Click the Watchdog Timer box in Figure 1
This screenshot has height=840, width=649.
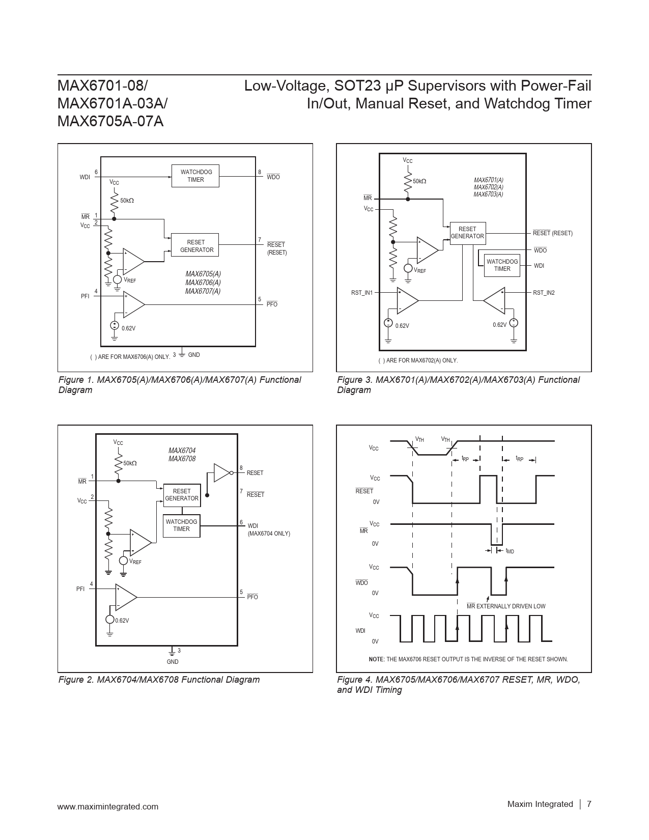pos(196,176)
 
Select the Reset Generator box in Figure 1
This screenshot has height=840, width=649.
pos(196,246)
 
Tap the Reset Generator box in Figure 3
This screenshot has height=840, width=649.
pos(467,233)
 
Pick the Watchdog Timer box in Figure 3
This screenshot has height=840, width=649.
pos(502,265)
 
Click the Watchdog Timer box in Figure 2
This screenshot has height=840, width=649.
pos(181,525)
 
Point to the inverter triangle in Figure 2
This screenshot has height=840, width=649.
pos(222,472)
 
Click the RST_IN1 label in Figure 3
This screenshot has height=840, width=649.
pos(362,293)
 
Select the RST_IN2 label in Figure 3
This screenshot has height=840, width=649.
pos(544,293)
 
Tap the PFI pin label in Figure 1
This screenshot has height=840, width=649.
pos(85,296)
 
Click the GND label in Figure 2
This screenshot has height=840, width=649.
pos(173,662)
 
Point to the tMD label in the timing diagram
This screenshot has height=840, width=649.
pos(510,551)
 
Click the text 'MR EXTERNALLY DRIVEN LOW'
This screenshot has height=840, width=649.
pos(506,606)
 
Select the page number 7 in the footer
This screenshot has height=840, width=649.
pos(589,804)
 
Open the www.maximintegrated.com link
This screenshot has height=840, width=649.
pos(108,806)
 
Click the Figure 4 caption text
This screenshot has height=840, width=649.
pos(458,685)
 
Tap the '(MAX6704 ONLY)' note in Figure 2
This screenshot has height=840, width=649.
pos(269,534)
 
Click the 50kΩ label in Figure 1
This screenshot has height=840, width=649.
pos(127,201)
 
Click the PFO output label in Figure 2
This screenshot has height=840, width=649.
pos(252,597)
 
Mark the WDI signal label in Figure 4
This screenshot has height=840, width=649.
pos(360,631)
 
